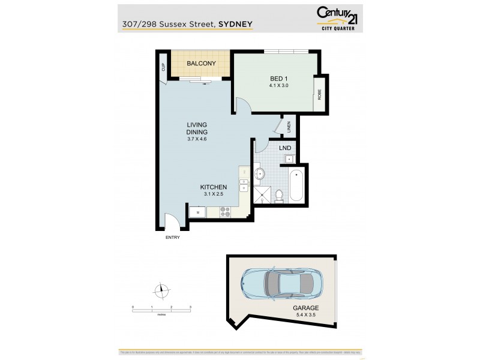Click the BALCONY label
click(200, 64)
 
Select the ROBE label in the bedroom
click(320, 95)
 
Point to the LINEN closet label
click(289, 127)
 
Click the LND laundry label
click(284, 147)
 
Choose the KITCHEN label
click(213, 187)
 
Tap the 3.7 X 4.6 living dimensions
click(197, 139)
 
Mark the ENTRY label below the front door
click(173, 238)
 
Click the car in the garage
click(281, 283)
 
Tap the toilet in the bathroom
click(279, 196)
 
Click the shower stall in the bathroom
click(262, 194)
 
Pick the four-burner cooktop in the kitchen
click(226, 211)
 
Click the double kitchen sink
click(244, 185)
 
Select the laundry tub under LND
click(289, 158)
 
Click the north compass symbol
click(161, 291)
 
